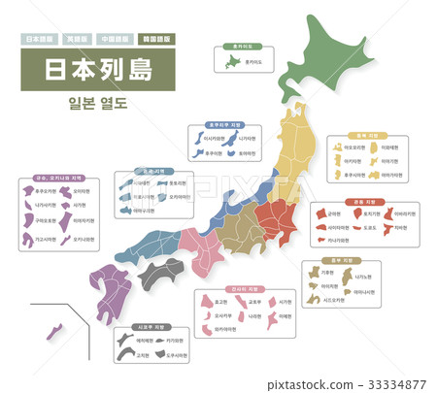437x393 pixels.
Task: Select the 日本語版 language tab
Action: pos(39,41)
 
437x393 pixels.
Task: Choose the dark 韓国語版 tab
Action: pos(155,41)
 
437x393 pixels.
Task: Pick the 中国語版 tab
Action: pos(117,41)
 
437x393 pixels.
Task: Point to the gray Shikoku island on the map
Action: pos(160,274)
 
